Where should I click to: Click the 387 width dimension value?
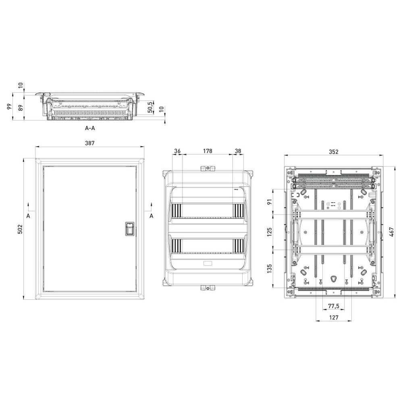coord(90,143)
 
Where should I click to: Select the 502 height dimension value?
coord(20,229)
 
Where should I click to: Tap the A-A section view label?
coord(90,128)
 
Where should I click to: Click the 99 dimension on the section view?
coord(10,106)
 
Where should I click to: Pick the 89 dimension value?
coord(21,108)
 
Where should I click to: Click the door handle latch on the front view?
coord(129,229)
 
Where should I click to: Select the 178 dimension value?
coord(208,151)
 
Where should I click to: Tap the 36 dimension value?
coord(177,151)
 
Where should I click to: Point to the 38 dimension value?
coord(238,151)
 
